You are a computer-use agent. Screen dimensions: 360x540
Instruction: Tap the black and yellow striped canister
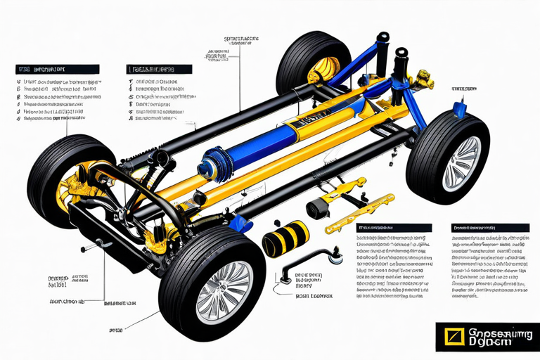pyautogui.click(x=285, y=239)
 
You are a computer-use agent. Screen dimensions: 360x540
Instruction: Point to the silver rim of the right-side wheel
pyautogui.click(x=461, y=163)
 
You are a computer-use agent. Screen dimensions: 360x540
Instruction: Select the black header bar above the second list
pyautogui.click(x=159, y=70)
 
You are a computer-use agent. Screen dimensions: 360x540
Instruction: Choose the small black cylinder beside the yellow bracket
pyautogui.click(x=320, y=208)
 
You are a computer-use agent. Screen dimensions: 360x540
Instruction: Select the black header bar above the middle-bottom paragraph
pyautogui.click(x=393, y=229)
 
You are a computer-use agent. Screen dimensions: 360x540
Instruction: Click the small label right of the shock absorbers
pyautogui.click(x=463, y=89)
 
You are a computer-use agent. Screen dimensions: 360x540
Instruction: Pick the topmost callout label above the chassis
pyautogui.click(x=241, y=39)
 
